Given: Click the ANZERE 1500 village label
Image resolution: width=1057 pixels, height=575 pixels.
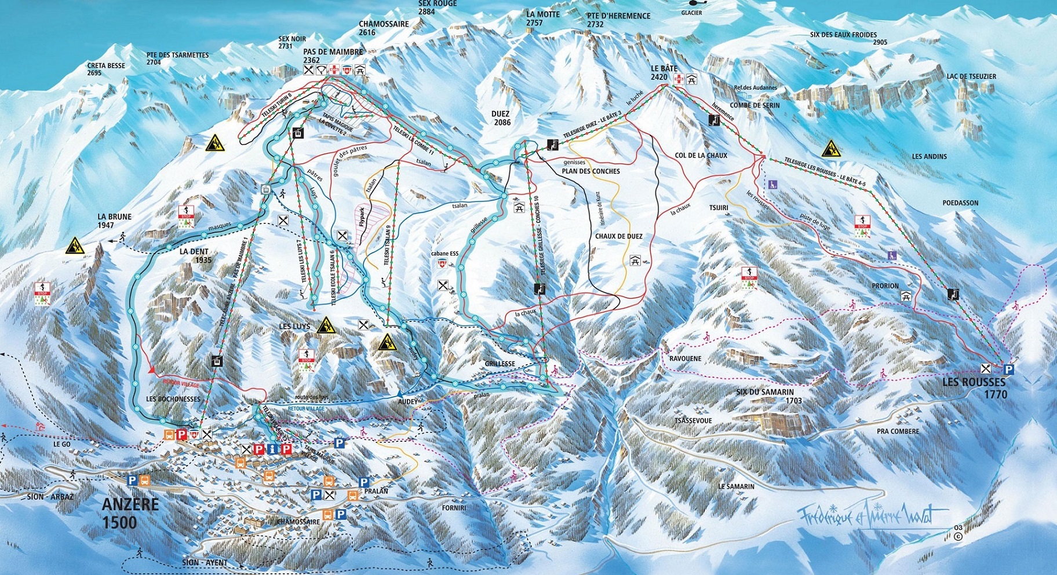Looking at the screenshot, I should pyautogui.click(x=130, y=513).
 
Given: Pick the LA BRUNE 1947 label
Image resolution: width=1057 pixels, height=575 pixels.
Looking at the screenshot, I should pyautogui.click(x=114, y=221).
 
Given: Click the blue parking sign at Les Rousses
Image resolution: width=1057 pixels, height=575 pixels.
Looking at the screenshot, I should pyautogui.click(x=1008, y=369).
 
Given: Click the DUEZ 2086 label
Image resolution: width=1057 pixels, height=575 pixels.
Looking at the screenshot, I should pyautogui.click(x=502, y=118).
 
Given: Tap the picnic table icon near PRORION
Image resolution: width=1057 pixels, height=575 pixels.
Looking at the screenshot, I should pyautogui.click(x=906, y=296).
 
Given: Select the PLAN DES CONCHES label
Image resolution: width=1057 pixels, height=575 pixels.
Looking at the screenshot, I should pyautogui.click(x=591, y=171).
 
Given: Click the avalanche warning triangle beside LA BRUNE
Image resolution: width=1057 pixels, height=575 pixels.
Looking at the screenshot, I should pyautogui.click(x=75, y=247).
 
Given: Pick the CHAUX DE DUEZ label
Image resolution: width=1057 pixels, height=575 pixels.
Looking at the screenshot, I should pyautogui.click(x=618, y=236).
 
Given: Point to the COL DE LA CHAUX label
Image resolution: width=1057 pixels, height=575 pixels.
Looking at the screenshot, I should pyautogui.click(x=701, y=155).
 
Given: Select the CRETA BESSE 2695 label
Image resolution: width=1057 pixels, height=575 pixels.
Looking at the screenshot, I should pyautogui.click(x=106, y=69).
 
